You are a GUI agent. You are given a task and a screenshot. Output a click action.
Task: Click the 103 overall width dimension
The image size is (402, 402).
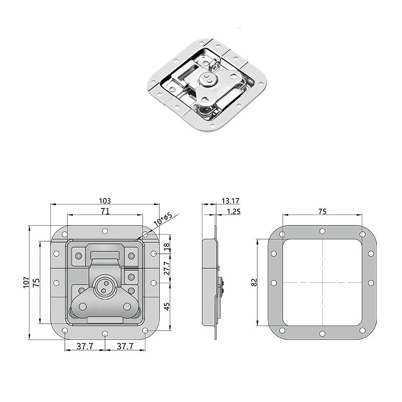(105, 200)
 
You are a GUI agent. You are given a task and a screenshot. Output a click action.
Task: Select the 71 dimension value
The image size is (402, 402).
(105, 212)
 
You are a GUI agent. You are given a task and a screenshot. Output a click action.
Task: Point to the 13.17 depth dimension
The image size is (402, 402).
(227, 200)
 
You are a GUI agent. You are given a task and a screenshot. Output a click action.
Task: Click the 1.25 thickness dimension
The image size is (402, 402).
(233, 212)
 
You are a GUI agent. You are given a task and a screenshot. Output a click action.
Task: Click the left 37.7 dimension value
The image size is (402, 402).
(85, 346)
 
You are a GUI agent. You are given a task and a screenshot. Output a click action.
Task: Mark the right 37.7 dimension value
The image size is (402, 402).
(124, 346)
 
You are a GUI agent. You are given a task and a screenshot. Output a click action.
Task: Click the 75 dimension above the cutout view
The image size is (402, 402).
(322, 212)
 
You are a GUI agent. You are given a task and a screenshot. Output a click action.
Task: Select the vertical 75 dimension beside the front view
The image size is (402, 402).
(36, 283)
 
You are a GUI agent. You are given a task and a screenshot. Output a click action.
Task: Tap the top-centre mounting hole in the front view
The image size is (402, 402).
(105, 232)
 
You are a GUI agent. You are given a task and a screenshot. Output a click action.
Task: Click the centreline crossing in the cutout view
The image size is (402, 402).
(322, 282)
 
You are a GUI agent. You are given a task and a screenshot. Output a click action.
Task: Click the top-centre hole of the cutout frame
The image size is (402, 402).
(322, 232)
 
